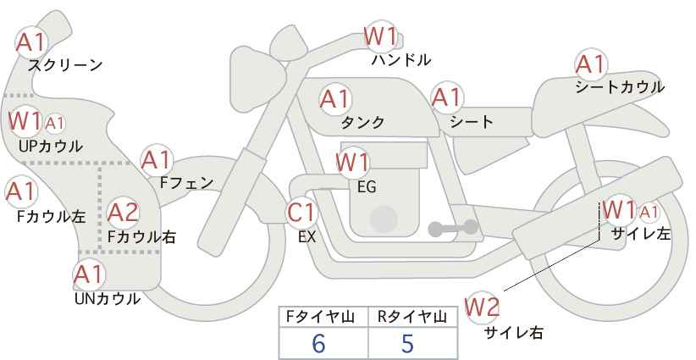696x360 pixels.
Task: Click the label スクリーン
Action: pos(65,66)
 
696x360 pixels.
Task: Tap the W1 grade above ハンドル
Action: pos(380,36)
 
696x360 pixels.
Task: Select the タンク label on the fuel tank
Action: pos(362,123)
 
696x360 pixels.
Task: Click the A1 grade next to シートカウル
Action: pos(591,65)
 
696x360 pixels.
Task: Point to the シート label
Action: pos(472,122)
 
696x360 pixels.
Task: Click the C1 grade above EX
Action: pos(301,213)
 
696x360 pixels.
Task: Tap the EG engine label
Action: pos(367,187)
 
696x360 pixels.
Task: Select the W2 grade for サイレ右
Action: pos(482,307)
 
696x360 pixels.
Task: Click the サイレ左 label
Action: pos(641,234)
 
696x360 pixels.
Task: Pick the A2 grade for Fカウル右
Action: pos(124,213)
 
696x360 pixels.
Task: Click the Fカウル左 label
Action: pos(51,217)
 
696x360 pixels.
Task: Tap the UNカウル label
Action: pos(108,299)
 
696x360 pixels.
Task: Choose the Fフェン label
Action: pos(186,183)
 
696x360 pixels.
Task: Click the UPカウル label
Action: pos(51,147)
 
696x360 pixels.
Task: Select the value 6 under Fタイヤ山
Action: pos(318,343)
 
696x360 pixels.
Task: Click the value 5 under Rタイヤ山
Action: pos(407,343)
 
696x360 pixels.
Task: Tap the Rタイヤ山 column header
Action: pos(412,317)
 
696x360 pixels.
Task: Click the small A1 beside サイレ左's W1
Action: pos(649,213)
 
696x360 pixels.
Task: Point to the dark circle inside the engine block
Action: pos(384,219)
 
